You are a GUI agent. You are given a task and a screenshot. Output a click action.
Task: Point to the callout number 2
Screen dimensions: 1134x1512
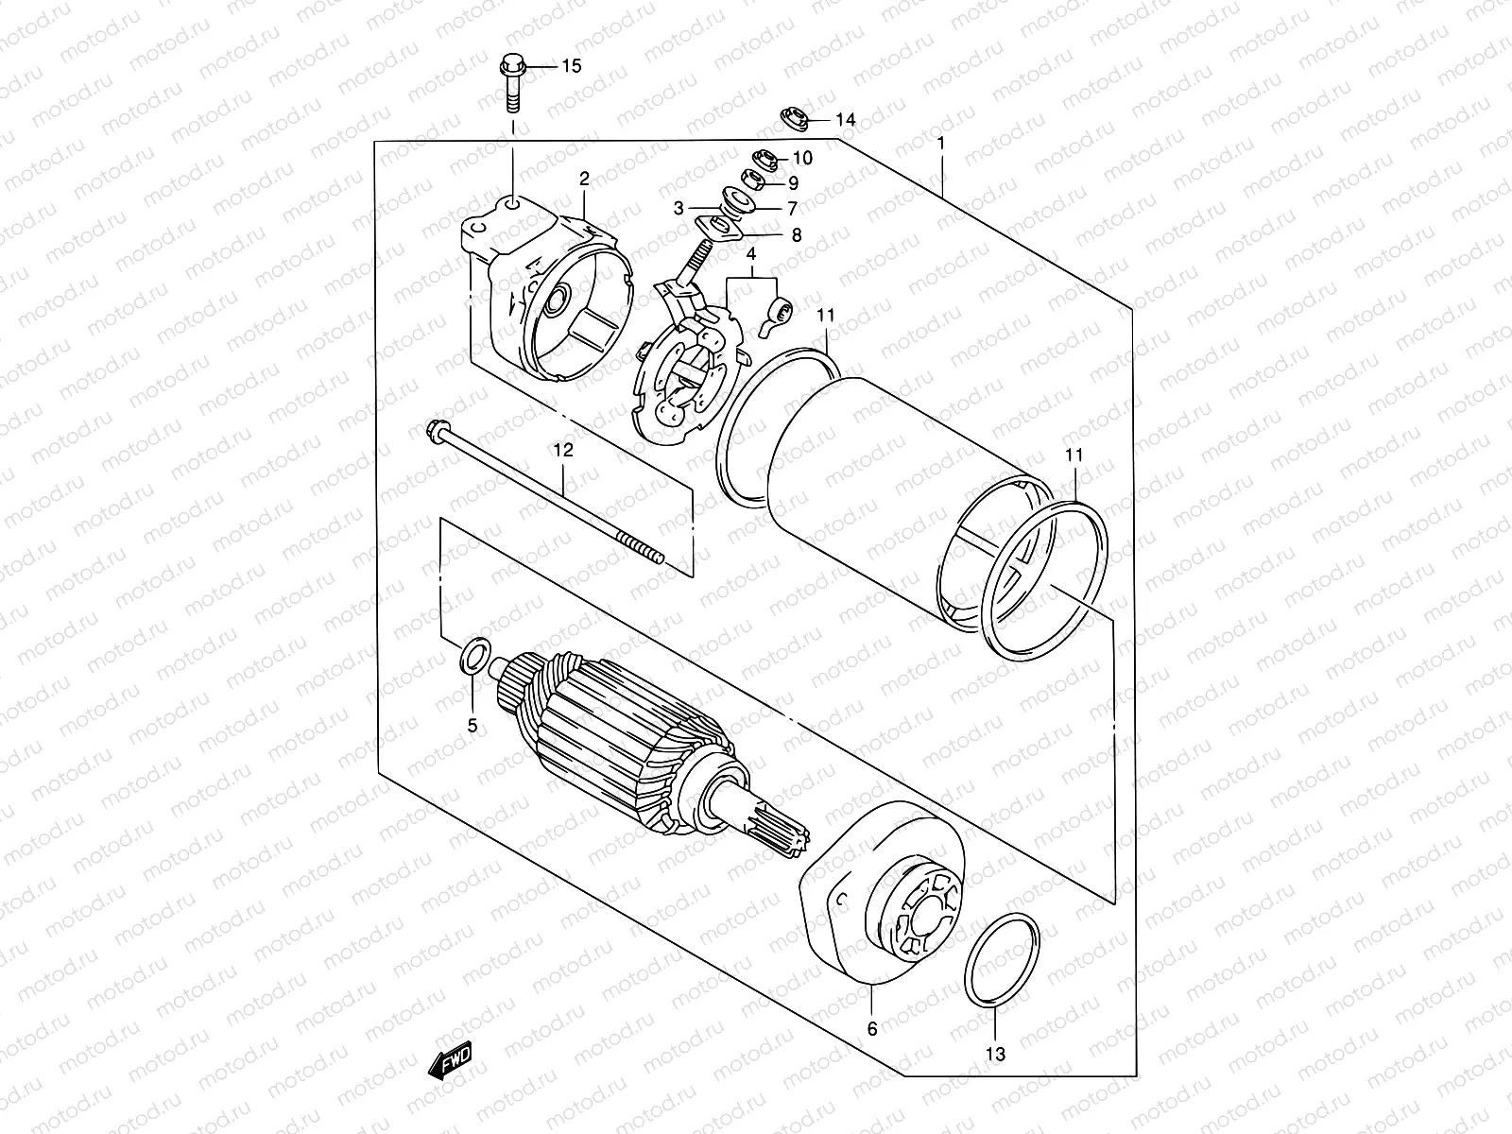point(584,179)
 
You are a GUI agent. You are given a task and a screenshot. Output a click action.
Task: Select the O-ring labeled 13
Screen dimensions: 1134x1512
point(1003,975)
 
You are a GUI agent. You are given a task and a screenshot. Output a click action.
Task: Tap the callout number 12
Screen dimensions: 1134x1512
point(563,451)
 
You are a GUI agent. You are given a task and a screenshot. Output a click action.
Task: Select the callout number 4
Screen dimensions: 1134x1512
point(751,255)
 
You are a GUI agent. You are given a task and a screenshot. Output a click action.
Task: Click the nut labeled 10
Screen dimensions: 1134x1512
point(765,157)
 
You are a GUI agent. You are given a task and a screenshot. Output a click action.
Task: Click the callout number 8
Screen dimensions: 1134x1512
point(796,235)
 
